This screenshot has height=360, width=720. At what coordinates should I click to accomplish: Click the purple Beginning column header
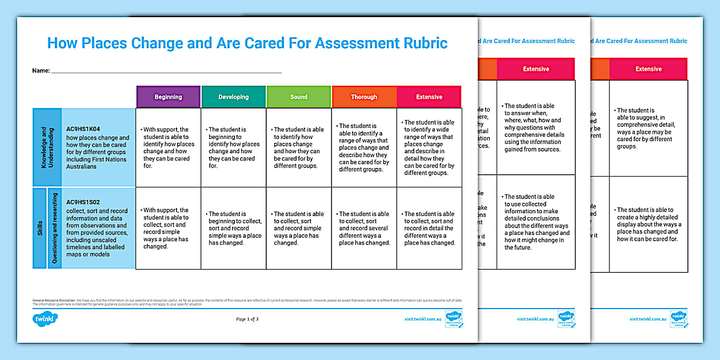pos(168,97)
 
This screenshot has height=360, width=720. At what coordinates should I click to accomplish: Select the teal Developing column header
pos(233,97)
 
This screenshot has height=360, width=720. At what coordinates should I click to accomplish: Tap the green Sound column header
pos(298,97)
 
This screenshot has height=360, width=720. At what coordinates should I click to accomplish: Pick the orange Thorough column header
pos(364,97)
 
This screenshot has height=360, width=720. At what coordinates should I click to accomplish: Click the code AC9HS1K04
pos(83,129)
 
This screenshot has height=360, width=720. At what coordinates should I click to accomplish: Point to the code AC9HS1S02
pos(83,202)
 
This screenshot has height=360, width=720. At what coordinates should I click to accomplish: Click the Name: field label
pos(41,71)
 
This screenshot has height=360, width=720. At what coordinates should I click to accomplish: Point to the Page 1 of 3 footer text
pos(247,319)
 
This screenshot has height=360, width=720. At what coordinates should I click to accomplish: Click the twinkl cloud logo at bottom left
pos(46,319)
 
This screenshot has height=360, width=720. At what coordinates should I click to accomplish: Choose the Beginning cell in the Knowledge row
pos(168,147)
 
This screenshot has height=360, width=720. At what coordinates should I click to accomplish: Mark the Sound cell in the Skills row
pos(298,228)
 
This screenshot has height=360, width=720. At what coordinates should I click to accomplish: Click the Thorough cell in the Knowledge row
pos(364,147)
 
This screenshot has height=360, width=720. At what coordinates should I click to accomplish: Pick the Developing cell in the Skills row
pos(233,228)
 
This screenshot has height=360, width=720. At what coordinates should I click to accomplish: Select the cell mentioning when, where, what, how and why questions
pos(535,127)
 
